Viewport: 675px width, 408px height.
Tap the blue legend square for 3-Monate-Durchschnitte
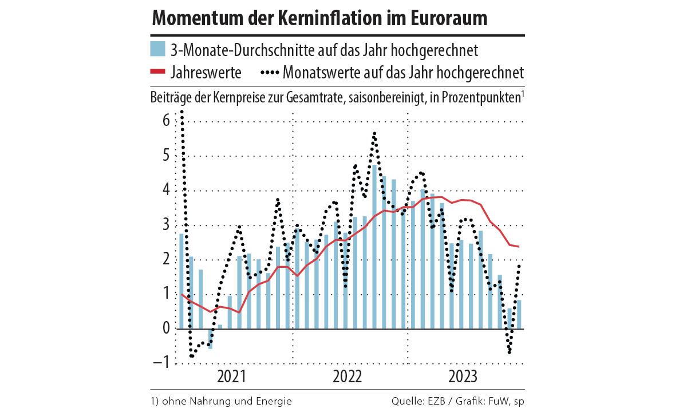157,49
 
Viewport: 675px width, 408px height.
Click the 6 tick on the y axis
165,121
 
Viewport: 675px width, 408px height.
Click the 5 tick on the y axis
165,156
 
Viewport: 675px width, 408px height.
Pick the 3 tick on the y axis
165,224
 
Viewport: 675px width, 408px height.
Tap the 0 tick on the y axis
165,328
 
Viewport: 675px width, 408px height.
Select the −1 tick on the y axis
161,363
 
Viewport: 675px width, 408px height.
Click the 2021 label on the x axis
232,377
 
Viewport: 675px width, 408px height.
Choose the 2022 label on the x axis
348,377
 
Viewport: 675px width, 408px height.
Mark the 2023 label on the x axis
463,377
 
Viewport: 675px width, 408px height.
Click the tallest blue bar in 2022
374,246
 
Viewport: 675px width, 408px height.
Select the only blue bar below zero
210,339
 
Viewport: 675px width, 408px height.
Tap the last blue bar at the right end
519,314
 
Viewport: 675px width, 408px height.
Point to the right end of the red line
519,247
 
